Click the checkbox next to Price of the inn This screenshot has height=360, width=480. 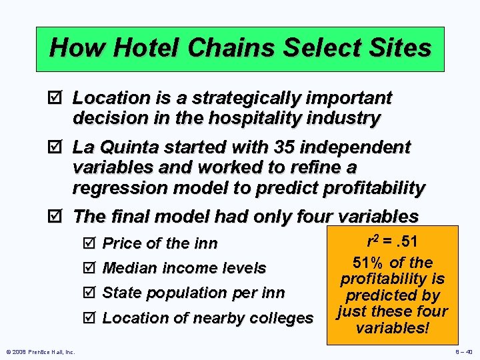click(91, 243)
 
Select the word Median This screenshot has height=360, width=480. click(129, 268)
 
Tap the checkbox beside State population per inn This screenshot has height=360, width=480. click(91, 293)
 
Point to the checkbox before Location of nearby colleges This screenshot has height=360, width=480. click(91, 318)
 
